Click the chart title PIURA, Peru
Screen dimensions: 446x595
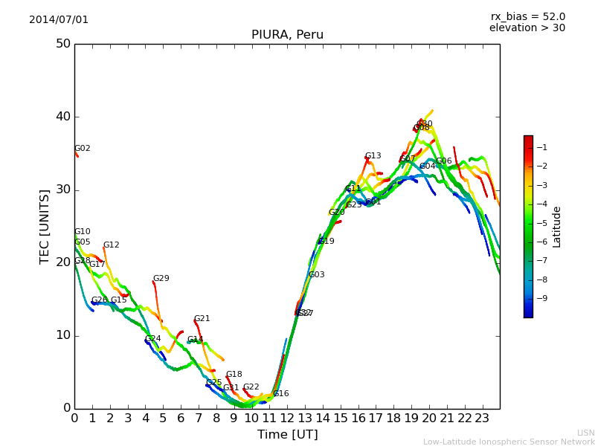tap(287, 35)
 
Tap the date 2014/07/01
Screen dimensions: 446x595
tap(59, 19)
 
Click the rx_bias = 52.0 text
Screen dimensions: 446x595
tap(527, 16)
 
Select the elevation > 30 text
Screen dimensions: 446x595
tap(527, 28)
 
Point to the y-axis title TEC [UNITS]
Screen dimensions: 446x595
tap(45, 226)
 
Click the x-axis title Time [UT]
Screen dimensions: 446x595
tap(287, 435)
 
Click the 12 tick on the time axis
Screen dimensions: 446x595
tap(287, 418)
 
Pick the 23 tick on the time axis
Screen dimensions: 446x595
tap(482, 418)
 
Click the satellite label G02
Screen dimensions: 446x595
tap(83, 149)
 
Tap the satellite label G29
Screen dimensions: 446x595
tap(161, 279)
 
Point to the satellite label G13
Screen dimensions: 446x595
tap(373, 156)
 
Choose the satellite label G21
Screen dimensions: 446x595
tap(202, 319)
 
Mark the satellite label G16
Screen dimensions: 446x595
tap(281, 394)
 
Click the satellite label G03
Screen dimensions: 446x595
tap(317, 275)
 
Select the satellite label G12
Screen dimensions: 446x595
tap(112, 245)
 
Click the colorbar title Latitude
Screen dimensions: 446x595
tap(557, 227)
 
